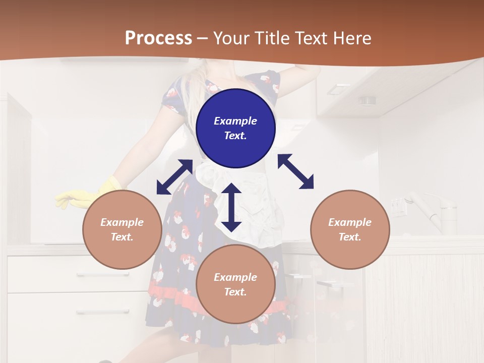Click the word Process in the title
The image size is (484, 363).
(158, 38)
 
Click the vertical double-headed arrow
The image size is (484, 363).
(231, 208)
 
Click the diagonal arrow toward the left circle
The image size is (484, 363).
(174, 177)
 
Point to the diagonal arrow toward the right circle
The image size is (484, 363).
(295, 171)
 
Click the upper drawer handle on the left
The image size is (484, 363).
(96, 274)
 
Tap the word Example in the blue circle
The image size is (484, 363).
(235, 121)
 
